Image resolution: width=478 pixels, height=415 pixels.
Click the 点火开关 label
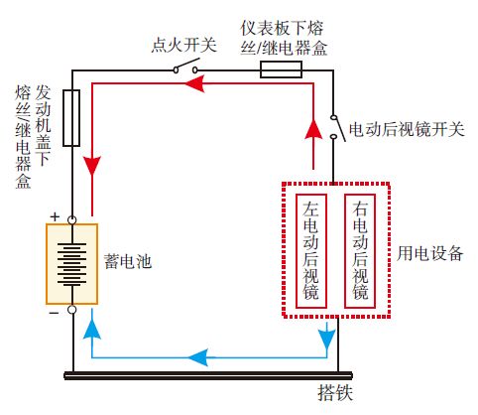click(x=183, y=45)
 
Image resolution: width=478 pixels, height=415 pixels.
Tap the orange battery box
click(x=71, y=263)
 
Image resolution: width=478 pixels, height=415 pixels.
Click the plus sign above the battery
click(x=56, y=215)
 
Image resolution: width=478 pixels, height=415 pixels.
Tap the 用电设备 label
click(x=436, y=252)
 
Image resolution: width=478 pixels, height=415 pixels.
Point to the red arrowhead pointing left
click(x=223, y=86)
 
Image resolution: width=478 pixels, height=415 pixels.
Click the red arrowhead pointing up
click(x=313, y=127)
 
